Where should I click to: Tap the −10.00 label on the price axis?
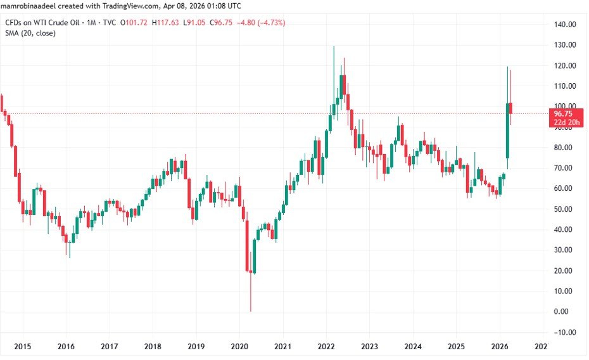564,332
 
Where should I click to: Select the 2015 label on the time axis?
22,347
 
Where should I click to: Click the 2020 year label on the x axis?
239,347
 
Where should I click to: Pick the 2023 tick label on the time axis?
370,347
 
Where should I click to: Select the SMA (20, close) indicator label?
30,33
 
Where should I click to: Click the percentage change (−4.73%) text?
269,23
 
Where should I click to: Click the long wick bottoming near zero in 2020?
251,298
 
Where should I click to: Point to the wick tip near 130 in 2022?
334,47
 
